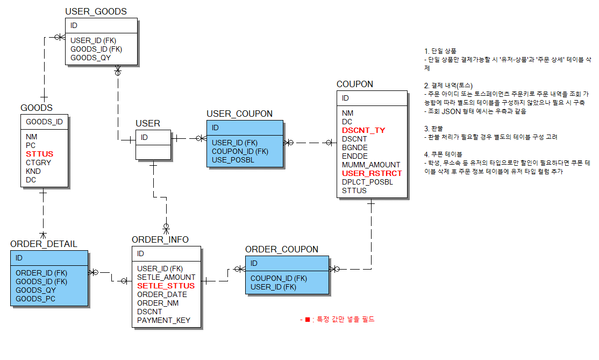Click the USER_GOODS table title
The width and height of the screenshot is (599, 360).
(x=96, y=11)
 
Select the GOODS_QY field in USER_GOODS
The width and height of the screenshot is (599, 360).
(x=90, y=58)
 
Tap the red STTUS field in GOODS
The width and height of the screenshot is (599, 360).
(x=39, y=154)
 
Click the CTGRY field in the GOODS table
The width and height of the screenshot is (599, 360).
(x=38, y=163)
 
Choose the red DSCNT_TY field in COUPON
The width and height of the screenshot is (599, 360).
(x=363, y=130)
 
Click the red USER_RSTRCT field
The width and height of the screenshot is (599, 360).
(x=372, y=173)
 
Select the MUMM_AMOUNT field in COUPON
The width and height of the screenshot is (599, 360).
(x=371, y=165)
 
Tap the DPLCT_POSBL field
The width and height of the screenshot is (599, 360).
(x=367, y=182)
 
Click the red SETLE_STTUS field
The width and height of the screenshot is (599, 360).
(x=166, y=286)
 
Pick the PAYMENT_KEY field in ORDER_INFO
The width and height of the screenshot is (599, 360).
(x=163, y=320)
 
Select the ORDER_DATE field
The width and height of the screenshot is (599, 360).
(x=162, y=294)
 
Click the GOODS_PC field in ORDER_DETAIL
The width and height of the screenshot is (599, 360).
(x=35, y=299)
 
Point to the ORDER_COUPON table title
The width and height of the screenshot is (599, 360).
(x=282, y=250)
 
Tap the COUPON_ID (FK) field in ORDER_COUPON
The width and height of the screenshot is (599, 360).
(x=279, y=278)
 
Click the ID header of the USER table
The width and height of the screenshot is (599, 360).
(x=145, y=137)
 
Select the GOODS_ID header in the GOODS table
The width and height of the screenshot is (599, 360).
(x=44, y=122)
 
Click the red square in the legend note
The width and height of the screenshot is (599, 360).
(x=308, y=320)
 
